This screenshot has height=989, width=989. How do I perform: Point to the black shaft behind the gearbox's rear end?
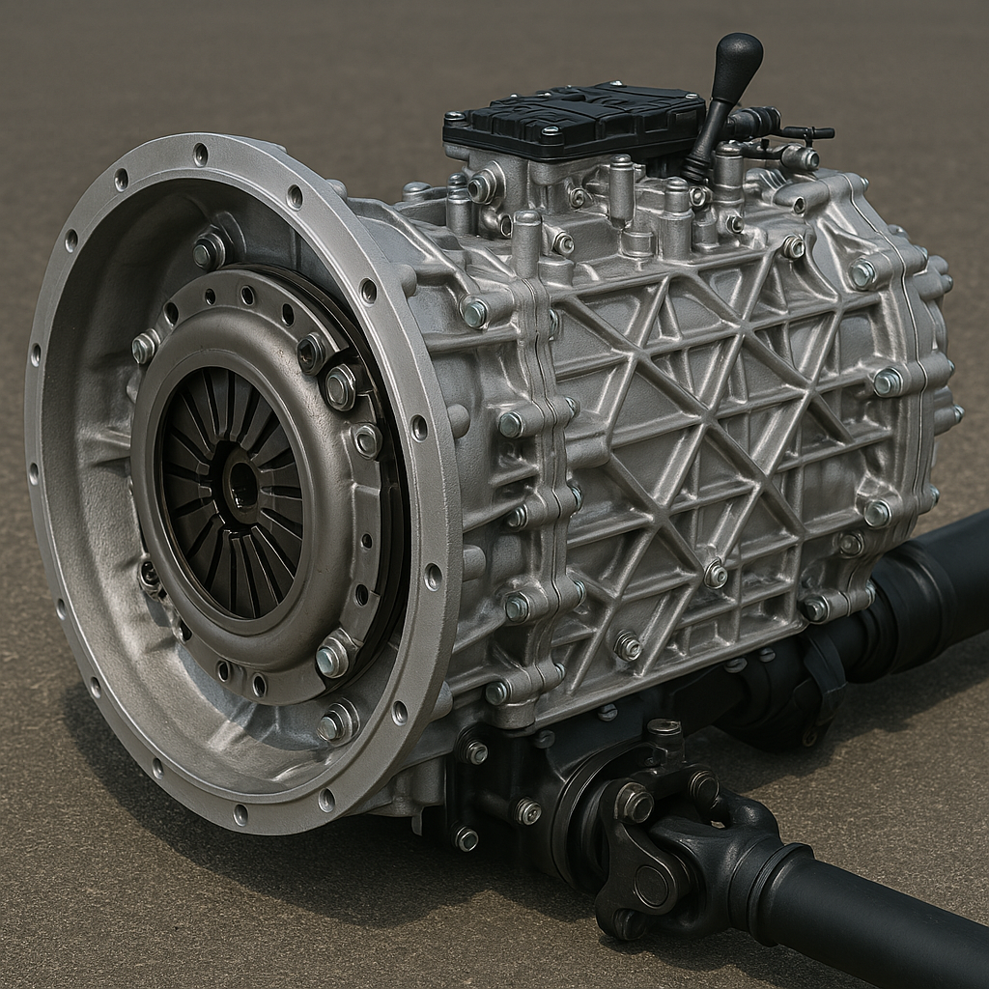[927, 579]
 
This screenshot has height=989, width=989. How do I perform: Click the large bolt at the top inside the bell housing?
[208, 251]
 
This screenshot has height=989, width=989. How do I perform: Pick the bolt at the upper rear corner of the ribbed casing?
[861, 274]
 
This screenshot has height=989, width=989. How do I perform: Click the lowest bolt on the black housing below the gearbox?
[466, 838]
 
